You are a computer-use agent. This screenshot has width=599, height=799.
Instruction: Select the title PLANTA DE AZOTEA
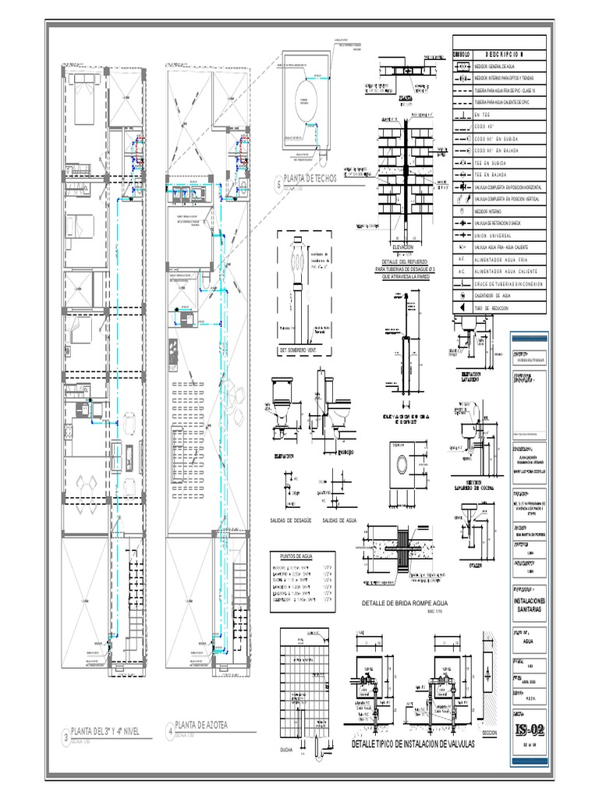(x=202, y=726)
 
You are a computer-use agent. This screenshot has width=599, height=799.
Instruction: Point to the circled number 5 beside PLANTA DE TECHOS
(x=278, y=184)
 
